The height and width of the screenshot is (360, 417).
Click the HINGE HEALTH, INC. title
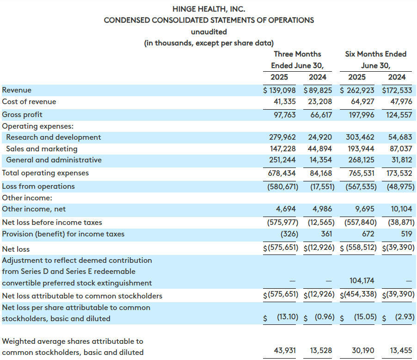pos(209,9)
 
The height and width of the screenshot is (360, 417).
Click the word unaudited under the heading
pos(209,31)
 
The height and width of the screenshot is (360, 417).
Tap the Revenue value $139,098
pos(279,90)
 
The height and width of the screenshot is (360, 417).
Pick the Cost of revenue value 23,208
pos(320,101)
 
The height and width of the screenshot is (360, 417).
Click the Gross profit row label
pos(22,114)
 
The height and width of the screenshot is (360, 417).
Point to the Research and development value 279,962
pos(282,137)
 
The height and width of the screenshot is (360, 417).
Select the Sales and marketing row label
pos(42,149)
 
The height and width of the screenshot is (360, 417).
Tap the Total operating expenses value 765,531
pos(362,173)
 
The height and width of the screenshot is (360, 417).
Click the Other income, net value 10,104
pos(401,209)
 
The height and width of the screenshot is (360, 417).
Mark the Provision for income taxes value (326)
pos(289,234)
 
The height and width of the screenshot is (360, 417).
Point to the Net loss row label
pos(16,249)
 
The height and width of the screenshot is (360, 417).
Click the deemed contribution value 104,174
pos(362,280)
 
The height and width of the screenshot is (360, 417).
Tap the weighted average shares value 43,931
pos(285,350)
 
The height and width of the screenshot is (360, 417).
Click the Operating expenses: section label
pos(38,126)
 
